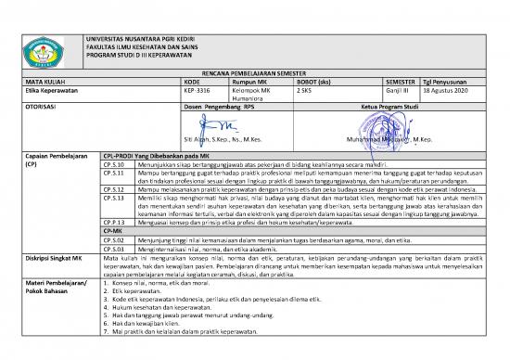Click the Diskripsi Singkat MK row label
53,258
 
